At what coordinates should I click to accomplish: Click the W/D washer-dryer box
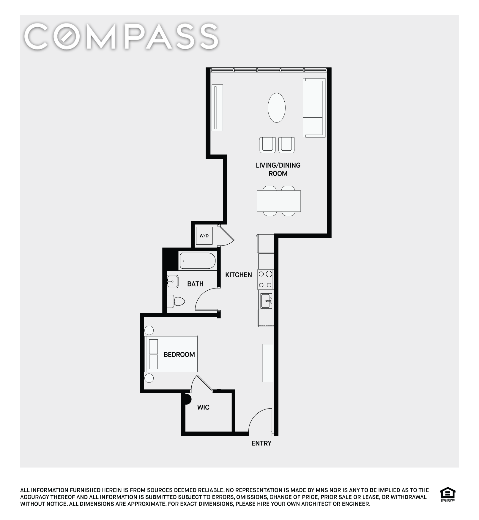coord(204,236)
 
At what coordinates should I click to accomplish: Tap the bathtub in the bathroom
coord(197,261)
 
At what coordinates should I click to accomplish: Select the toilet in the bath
coord(176,301)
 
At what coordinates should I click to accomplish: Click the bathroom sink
coord(172,281)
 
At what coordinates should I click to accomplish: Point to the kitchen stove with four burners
coord(265,279)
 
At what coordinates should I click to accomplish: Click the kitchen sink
coord(266,301)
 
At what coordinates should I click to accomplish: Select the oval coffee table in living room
coord(277,108)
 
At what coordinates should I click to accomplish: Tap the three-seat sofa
coord(314,108)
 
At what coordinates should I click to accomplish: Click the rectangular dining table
coord(279,201)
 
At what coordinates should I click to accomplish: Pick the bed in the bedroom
coord(171,354)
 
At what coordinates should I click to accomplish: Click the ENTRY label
coord(261,443)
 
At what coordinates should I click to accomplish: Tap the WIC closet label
coord(203,407)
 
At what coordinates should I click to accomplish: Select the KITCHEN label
coord(239,275)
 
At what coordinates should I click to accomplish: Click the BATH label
coord(195,284)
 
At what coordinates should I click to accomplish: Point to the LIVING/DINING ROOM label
coord(278,169)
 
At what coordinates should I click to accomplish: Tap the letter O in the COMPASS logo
coord(70,37)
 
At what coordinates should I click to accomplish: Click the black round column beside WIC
coord(187,399)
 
